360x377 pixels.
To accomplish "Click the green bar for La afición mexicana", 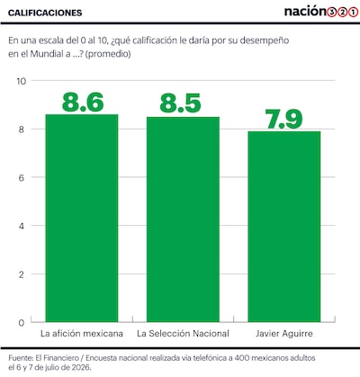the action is (x=82, y=218).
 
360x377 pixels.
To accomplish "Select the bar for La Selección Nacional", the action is (x=183, y=220).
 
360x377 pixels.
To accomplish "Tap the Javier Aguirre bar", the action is (x=284, y=227).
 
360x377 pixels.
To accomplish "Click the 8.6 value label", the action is (x=83, y=102).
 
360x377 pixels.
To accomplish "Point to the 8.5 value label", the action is (x=180, y=103).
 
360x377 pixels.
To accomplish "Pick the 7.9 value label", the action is (x=283, y=119).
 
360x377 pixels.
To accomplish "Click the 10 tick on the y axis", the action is (x=22, y=81).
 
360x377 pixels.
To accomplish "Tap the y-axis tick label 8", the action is (x=21, y=130).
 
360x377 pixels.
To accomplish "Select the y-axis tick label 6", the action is (x=21, y=177).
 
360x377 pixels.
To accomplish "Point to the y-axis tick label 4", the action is (x=21, y=226).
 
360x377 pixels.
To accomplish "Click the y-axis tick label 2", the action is (x=21, y=274).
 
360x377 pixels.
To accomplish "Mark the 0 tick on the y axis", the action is (x=21, y=323).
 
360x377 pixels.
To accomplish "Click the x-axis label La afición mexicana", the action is (x=82, y=334).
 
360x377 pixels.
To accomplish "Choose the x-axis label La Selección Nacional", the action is (x=183, y=334).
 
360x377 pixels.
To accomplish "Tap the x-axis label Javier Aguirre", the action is (x=284, y=334).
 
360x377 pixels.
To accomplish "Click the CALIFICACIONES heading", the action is (x=45, y=13).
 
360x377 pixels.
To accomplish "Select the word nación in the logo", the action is (x=305, y=12).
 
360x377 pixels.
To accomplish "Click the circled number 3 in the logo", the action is (x=331, y=13).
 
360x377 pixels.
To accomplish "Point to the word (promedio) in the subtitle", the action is (x=108, y=54).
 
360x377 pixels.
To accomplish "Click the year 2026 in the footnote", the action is (x=80, y=367).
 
